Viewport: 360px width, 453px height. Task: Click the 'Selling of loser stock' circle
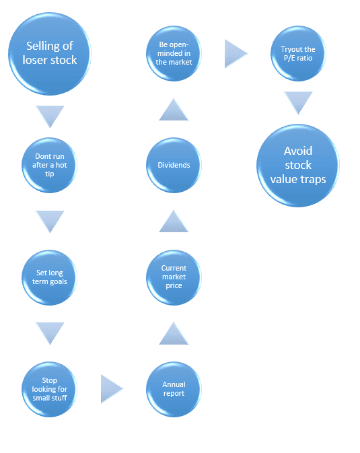(x=50, y=53)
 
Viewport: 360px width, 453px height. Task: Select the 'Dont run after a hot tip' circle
(x=49, y=165)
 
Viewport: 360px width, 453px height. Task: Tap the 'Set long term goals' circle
(x=49, y=277)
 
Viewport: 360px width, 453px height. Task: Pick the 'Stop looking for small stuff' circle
(x=49, y=388)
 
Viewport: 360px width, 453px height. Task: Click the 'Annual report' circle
(x=174, y=389)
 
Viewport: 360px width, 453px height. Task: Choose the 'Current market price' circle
(x=174, y=277)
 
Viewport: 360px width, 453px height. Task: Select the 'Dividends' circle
(x=174, y=165)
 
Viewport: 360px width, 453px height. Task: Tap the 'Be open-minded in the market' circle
(x=174, y=53)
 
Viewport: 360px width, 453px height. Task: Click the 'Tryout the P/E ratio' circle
(x=297, y=53)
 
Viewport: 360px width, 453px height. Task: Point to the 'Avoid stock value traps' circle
(x=297, y=165)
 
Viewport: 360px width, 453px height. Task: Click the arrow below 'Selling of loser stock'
(x=50, y=115)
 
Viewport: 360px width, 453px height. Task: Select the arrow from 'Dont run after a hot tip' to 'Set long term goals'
(x=50, y=221)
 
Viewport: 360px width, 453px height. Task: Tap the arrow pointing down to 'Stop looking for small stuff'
(x=50, y=333)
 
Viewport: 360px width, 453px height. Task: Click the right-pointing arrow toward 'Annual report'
(x=112, y=389)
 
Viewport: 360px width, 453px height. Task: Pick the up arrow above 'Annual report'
(x=174, y=333)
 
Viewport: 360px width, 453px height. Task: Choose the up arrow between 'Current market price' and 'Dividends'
(x=174, y=221)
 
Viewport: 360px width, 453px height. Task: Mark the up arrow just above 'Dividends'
(x=174, y=110)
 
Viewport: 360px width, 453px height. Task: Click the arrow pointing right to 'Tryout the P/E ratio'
(x=236, y=53)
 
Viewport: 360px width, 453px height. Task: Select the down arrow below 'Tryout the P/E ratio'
(x=297, y=103)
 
